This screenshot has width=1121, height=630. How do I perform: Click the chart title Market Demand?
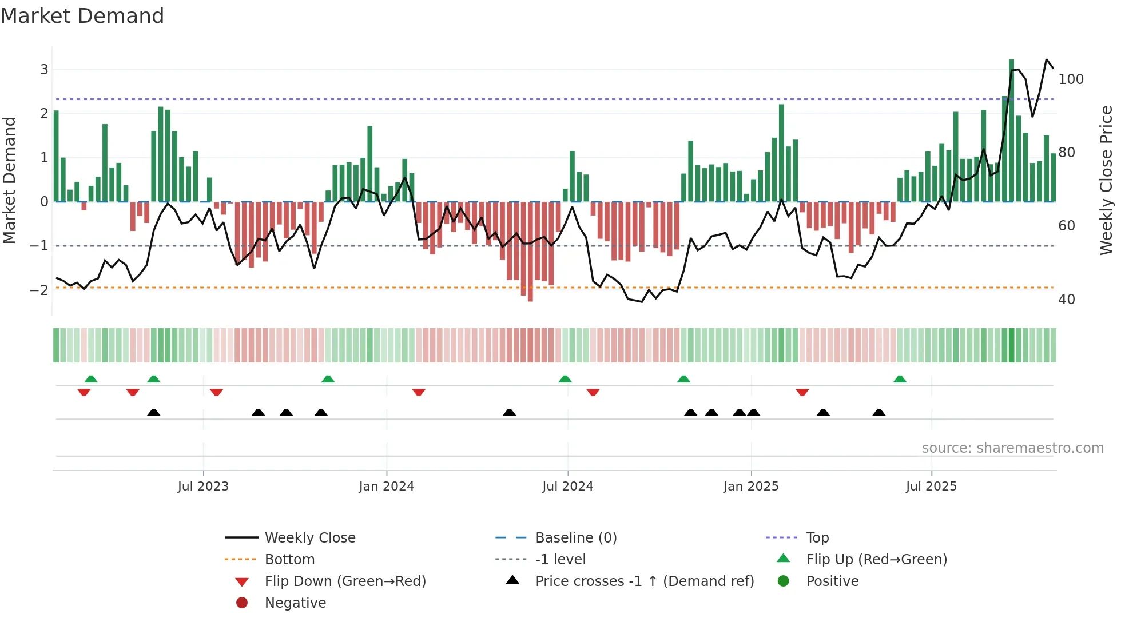coord(82,16)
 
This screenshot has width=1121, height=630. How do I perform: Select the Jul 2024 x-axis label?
coord(567,487)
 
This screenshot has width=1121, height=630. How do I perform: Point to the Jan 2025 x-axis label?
coord(750,487)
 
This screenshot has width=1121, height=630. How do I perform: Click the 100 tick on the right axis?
coord(1071,79)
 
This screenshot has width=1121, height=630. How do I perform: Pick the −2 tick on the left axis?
coord(39,290)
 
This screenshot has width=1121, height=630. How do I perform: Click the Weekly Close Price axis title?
coord(1106,180)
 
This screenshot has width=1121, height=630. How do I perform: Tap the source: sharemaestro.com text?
coord(1012,448)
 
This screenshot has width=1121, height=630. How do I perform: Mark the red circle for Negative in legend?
coord(242,603)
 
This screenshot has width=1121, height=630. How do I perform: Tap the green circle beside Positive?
coord(784,581)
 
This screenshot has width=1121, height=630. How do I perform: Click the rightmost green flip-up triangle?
coord(900,379)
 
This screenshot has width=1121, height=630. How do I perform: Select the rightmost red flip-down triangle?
coord(802,392)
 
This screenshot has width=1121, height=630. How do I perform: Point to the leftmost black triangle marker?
coord(153,412)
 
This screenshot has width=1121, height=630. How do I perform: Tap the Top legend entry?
coord(817,538)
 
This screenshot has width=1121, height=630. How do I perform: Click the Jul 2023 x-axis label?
coord(203,487)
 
